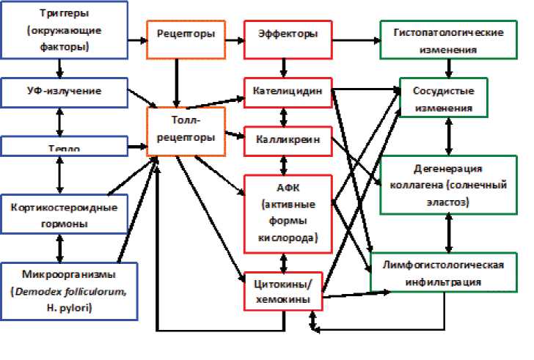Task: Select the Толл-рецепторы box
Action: click(x=186, y=131)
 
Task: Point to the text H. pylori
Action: click(x=69, y=307)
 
